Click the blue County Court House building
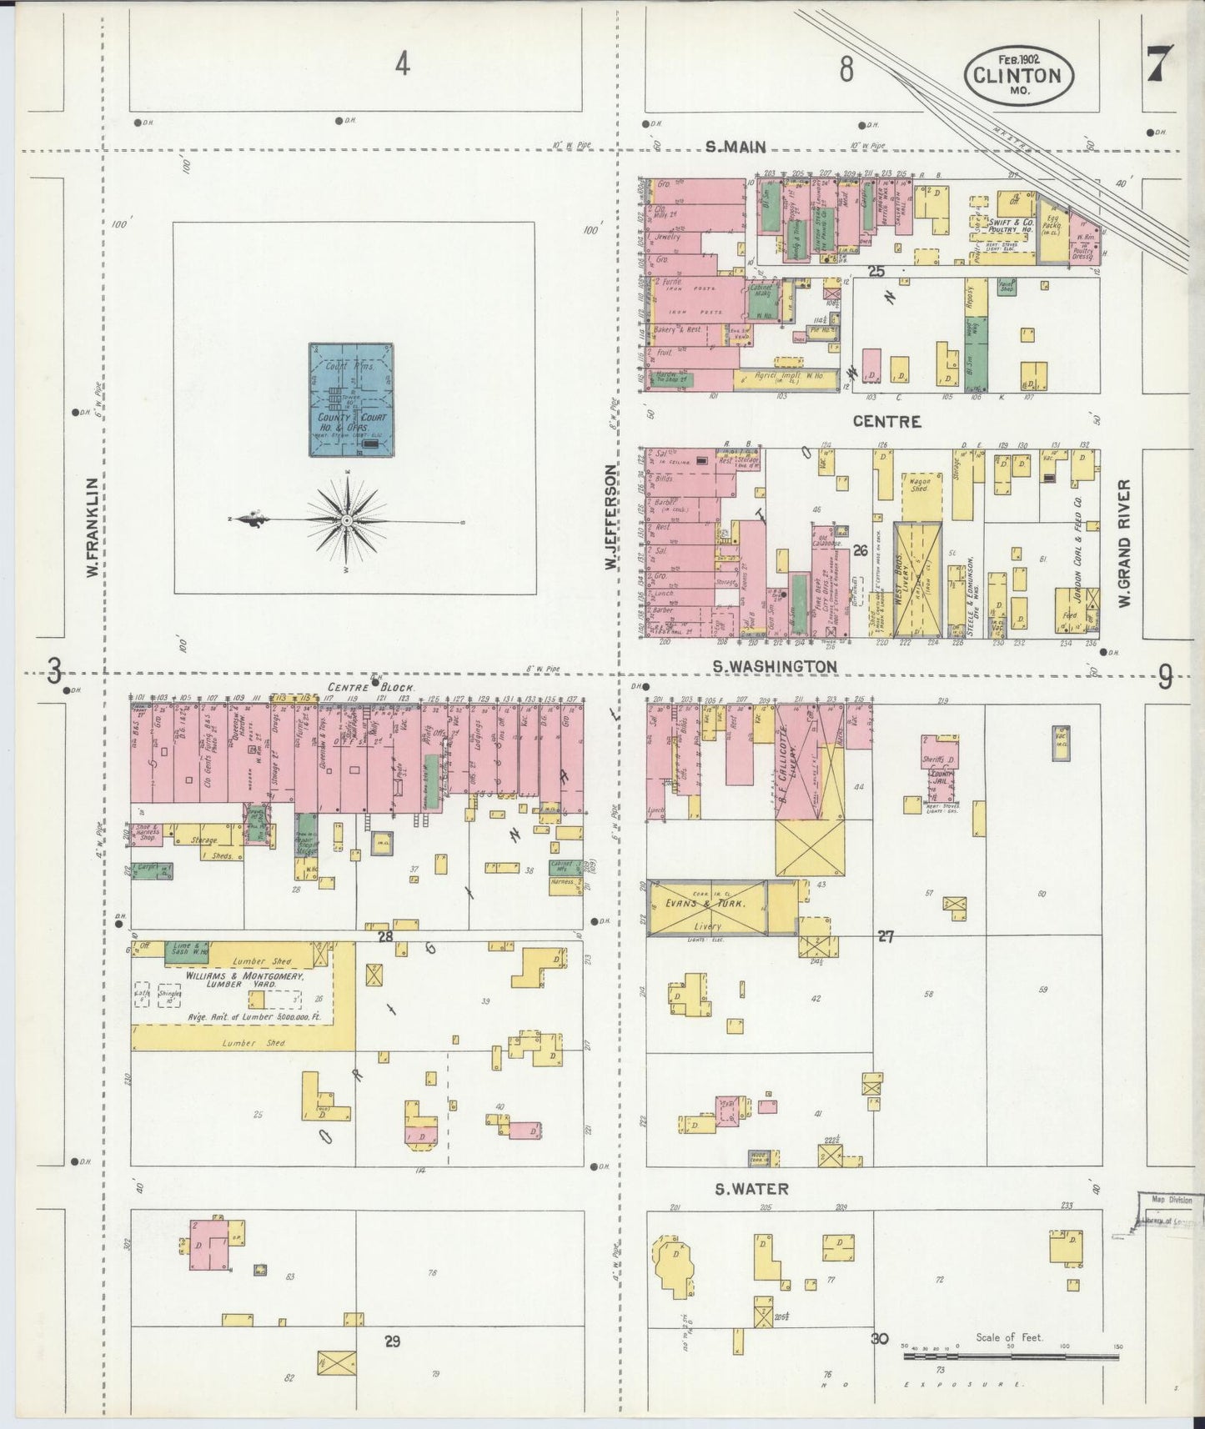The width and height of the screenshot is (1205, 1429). [x=351, y=399]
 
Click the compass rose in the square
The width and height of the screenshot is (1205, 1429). [x=346, y=520]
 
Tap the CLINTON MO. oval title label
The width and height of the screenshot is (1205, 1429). [x=1019, y=75]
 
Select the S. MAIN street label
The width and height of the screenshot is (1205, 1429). [x=736, y=148]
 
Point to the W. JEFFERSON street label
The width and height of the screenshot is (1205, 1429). [x=611, y=517]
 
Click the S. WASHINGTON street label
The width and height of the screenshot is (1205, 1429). [x=775, y=666]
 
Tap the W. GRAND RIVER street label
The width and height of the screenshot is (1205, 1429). [x=1124, y=542]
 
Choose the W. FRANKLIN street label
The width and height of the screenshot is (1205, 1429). [x=92, y=527]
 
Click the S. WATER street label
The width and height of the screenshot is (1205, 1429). [x=751, y=1189]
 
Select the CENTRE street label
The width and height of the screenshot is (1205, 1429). [x=886, y=422]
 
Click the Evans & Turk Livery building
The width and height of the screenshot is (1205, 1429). [x=707, y=907]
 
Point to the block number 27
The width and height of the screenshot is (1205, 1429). [x=885, y=936]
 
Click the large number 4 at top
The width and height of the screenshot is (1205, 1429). [x=403, y=63]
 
